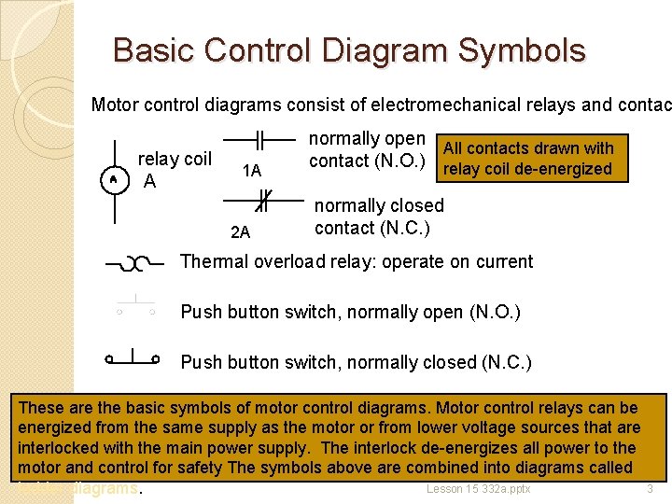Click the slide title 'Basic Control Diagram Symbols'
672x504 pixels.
349,49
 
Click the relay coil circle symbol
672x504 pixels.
113,178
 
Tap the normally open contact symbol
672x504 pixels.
259,141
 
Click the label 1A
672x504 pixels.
251,171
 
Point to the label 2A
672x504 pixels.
240,232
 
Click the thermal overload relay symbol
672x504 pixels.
137,264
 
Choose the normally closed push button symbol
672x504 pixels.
133,357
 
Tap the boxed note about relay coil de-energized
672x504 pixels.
529,159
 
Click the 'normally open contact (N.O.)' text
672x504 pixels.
367,149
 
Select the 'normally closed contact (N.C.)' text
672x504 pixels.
379,216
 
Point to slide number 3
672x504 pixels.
650,489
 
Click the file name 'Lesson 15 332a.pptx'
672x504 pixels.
479,489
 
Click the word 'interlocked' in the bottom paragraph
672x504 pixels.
63,447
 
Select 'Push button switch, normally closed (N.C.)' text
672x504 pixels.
356,361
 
